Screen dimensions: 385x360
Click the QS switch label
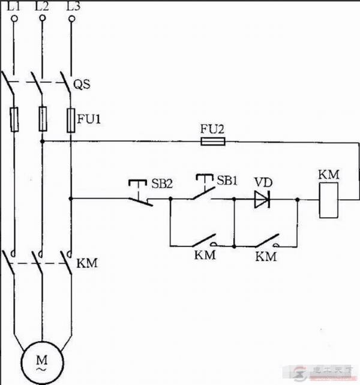click(x=82, y=85)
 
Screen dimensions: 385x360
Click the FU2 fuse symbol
click(x=212, y=142)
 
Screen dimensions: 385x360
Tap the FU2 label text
click(x=211, y=129)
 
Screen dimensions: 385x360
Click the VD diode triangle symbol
click(x=262, y=199)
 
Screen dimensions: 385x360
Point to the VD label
click(x=261, y=182)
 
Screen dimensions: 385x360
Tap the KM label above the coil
click(x=329, y=175)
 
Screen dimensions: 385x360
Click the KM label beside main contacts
click(x=86, y=263)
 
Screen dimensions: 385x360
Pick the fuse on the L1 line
click(x=13, y=119)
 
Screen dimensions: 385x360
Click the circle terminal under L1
click(x=13, y=19)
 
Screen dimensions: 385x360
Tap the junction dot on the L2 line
click(x=42, y=142)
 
